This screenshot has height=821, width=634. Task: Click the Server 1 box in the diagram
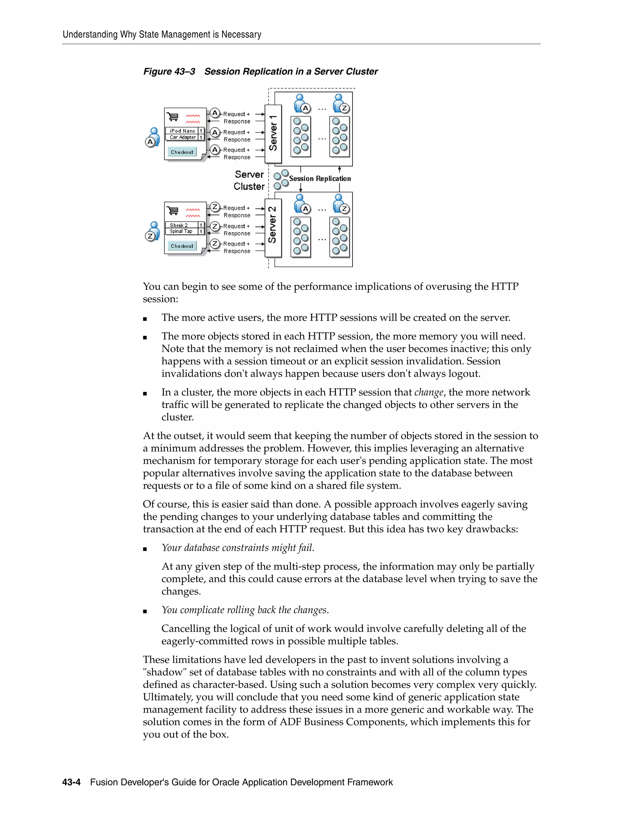(273, 134)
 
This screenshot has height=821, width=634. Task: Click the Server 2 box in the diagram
(273, 228)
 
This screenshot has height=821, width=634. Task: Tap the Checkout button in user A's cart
(182, 152)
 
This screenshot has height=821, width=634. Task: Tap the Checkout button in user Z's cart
(182, 246)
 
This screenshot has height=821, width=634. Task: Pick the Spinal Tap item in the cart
(181, 231)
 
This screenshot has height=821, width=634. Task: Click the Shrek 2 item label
(179, 225)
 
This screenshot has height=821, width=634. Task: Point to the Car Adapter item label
(183, 137)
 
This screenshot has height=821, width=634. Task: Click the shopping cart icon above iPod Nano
(173, 117)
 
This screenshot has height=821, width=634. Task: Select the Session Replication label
(320, 178)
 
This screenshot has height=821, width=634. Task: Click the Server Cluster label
(249, 180)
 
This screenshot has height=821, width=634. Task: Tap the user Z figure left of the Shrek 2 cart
(153, 231)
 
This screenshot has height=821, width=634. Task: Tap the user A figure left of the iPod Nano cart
(153, 137)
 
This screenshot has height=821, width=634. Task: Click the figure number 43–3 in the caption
(185, 72)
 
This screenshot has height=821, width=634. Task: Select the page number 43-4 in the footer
(72, 782)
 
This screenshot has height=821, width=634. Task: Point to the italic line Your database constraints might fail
(238, 548)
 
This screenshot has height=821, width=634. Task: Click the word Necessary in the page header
(241, 35)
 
